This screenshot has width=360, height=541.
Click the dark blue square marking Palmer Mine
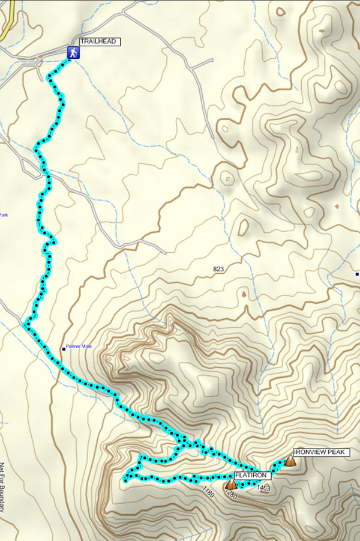(64, 348)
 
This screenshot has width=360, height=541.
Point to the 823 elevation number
(218, 270)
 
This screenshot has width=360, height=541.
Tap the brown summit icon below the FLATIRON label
(231, 484)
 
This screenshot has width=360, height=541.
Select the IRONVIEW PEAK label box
(320, 452)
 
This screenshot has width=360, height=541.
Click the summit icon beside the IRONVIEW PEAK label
(290, 461)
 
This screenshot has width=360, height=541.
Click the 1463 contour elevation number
(263, 489)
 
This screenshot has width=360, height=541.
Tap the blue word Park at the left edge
(3, 215)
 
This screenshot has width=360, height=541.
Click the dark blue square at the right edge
(357, 274)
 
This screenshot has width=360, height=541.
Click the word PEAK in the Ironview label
(334, 452)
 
